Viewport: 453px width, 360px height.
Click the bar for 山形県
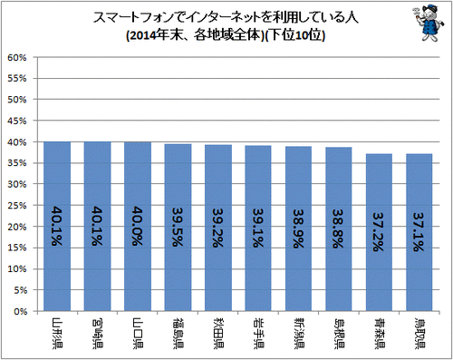57,226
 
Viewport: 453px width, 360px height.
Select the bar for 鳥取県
419,232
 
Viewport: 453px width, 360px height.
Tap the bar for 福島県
178,228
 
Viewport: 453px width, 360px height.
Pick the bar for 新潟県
298,229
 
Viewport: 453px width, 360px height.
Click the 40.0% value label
138,226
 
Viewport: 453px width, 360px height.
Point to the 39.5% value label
178,227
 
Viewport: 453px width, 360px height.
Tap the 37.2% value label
379,232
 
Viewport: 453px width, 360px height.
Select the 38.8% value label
339,229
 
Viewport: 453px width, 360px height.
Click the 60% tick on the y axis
17,57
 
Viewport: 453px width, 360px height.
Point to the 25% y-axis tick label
17,206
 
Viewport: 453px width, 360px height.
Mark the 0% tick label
21,311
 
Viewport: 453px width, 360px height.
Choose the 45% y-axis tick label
17,121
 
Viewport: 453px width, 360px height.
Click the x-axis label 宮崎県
98,334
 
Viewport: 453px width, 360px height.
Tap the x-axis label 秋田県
218,334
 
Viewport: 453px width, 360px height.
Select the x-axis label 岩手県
258,334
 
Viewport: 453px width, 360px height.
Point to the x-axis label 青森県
379,334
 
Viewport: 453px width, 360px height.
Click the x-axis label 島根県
339,334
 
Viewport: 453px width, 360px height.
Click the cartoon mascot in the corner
428,22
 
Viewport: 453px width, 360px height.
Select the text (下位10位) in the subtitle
295,35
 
